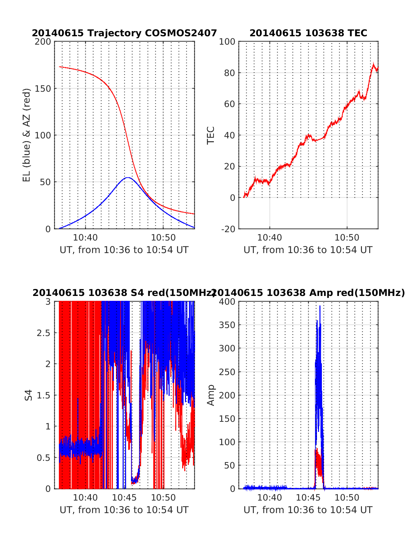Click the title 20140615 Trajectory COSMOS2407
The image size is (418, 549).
[124, 33]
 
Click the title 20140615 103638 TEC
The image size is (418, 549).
[308, 33]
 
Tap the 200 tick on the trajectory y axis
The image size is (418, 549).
[43, 42]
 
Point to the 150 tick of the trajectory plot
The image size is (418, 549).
[43, 89]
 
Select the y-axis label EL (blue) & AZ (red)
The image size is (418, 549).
[27, 135]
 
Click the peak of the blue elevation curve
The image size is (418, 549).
[128, 177]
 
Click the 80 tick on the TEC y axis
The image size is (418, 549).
[229, 73]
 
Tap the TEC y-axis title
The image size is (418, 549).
[211, 135]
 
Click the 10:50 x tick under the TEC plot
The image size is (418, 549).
[347, 238]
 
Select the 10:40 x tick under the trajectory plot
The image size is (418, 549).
[86, 238]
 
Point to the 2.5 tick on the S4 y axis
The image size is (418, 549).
[44, 333]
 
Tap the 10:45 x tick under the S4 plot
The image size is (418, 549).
[124, 497]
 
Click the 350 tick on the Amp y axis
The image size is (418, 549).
[227, 325]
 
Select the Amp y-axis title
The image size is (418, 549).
[211, 395]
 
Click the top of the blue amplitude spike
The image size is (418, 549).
[320, 306]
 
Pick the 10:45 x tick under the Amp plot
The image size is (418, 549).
[308, 497]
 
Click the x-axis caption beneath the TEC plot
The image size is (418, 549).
[308, 250]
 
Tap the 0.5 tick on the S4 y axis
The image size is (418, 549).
[44, 457]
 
